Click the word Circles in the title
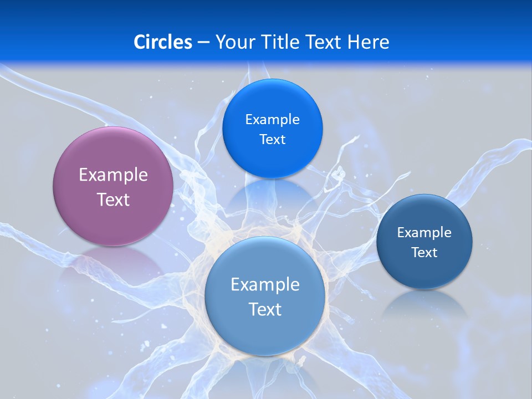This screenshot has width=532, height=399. point(162,42)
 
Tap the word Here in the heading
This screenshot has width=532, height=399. point(368,42)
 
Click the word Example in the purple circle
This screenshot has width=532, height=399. point(113,175)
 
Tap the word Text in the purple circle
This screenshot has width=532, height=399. point(113,199)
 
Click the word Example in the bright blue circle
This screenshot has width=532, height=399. point(272,120)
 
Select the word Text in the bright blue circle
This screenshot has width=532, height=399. point(272,139)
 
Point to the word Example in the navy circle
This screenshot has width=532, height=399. point(424,233)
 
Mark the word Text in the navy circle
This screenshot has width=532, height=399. point(424,253)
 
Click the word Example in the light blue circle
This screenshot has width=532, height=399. point(265,285)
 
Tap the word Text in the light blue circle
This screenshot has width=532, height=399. point(265,309)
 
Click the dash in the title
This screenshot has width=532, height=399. point(203,43)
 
